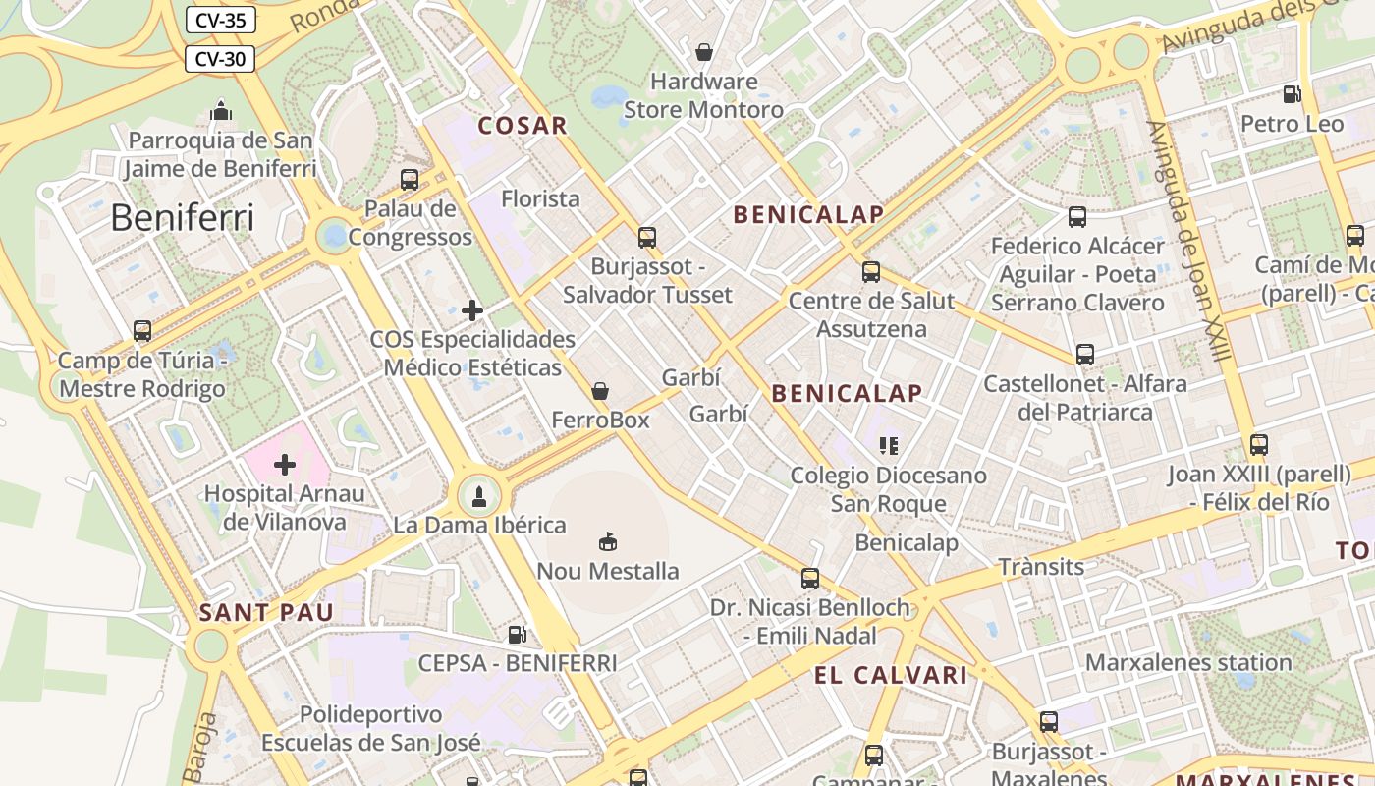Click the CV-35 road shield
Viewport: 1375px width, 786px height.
[x=220, y=19]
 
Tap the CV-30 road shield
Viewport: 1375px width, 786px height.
[x=220, y=59]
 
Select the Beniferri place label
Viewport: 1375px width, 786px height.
[x=182, y=217]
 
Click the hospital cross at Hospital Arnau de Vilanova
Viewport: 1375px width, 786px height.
[x=285, y=464]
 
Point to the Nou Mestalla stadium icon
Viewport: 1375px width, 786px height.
[x=608, y=541]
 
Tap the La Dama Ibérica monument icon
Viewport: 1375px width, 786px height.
[x=479, y=496]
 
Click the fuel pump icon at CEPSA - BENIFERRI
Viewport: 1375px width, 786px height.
[x=517, y=635]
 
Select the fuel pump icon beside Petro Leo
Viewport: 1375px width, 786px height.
[x=1292, y=94]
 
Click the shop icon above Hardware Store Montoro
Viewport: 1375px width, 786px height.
[x=704, y=51]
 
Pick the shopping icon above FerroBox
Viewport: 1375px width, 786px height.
[x=600, y=391]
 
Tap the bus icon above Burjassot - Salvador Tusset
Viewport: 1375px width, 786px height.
[x=646, y=237]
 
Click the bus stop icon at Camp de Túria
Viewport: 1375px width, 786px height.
[x=142, y=331]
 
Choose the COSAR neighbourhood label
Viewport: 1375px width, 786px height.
[x=522, y=126]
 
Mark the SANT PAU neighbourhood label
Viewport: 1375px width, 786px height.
[x=266, y=613]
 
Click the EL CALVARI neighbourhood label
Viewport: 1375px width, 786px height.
[x=890, y=675]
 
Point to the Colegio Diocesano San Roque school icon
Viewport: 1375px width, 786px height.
[x=889, y=446]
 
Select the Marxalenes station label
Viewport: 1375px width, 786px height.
[x=1187, y=662]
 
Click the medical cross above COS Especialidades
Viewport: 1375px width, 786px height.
[x=472, y=310]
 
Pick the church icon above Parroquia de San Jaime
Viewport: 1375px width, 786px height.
[x=221, y=110]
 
